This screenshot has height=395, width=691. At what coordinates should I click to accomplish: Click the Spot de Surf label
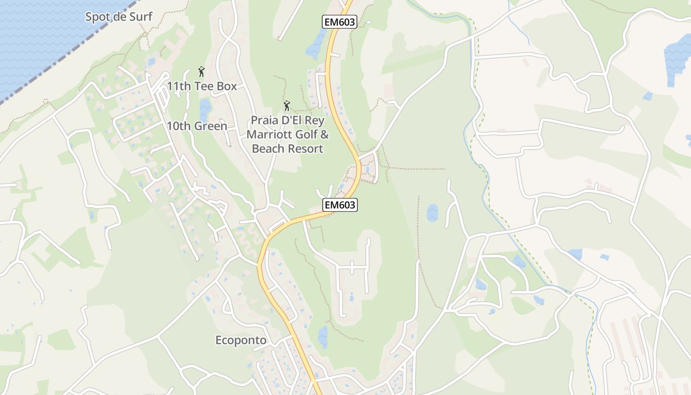click(119, 17)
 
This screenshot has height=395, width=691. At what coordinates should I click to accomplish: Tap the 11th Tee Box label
click(201, 86)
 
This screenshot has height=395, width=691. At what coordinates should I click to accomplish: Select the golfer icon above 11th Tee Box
click(201, 72)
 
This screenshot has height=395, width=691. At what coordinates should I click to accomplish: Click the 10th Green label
click(196, 126)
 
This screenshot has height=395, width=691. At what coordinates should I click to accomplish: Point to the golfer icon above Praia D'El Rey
click(287, 105)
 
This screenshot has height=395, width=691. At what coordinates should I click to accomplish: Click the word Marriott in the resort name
click(269, 134)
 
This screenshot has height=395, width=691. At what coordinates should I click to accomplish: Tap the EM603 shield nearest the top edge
click(339, 22)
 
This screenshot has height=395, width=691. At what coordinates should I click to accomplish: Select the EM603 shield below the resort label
click(340, 205)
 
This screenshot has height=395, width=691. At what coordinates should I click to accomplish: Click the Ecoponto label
click(241, 340)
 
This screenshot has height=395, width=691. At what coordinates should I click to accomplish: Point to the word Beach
click(267, 149)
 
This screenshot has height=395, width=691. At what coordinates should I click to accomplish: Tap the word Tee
click(202, 86)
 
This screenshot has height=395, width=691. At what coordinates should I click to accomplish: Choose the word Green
click(211, 126)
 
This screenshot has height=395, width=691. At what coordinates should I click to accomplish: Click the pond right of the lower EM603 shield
click(432, 213)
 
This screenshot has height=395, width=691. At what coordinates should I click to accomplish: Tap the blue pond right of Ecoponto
click(323, 337)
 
